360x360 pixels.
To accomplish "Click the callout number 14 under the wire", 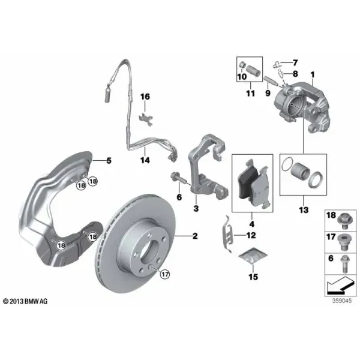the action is pyautogui.click(x=145, y=160).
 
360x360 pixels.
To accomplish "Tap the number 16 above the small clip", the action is pyautogui.click(x=145, y=97).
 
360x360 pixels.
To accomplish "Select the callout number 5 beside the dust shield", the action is pyautogui.click(x=109, y=160).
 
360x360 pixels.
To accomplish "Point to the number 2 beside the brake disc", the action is pyautogui.click(x=195, y=236).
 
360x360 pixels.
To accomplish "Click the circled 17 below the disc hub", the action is pyautogui.click(x=165, y=274).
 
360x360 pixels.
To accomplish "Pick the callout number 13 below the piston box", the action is pyautogui.click(x=304, y=209).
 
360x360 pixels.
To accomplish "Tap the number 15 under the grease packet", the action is pyautogui.click(x=253, y=277).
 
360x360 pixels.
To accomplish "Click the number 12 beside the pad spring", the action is pyautogui.click(x=251, y=235).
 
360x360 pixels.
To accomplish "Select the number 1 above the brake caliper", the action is pyautogui.click(x=313, y=74).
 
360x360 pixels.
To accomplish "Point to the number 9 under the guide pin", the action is pyautogui.click(x=268, y=93).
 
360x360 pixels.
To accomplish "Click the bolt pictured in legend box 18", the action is pyautogui.click(x=343, y=221).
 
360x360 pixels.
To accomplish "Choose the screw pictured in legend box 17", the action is pyautogui.click(x=343, y=243).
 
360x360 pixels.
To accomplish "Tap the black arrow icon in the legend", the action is pyautogui.click(x=340, y=286).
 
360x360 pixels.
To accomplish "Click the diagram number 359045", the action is pyautogui.click(x=342, y=301).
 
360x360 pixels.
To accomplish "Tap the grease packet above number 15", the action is pyautogui.click(x=253, y=256).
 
